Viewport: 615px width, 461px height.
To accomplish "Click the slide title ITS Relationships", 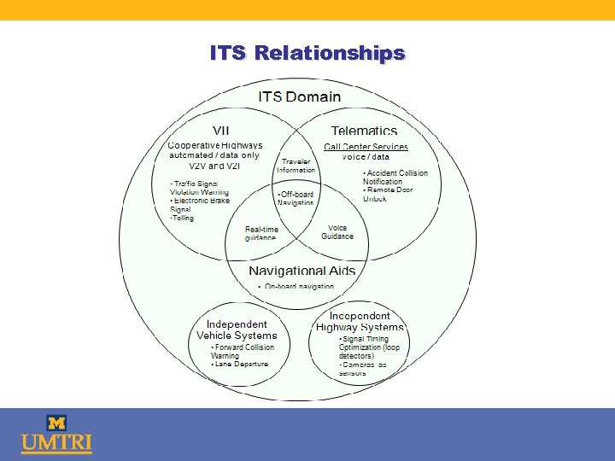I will click(307, 53).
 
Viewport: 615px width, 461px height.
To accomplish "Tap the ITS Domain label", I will click(299, 96).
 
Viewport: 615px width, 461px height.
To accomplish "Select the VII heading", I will click(220, 131).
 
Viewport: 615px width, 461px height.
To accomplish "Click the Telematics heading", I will click(364, 131).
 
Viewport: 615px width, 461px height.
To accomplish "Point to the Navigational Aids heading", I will click(302, 271).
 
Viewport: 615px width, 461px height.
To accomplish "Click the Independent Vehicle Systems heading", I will click(237, 330).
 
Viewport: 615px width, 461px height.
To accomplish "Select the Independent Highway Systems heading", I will click(360, 321).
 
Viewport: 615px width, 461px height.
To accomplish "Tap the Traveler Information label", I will click(296, 166).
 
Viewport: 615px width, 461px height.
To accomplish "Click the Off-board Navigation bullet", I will click(296, 198).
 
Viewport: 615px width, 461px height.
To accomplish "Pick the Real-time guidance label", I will click(261, 233).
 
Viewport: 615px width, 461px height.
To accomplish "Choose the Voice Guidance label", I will click(337, 232).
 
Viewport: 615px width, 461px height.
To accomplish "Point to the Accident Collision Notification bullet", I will click(395, 177).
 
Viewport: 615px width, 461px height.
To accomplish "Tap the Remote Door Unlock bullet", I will click(388, 194).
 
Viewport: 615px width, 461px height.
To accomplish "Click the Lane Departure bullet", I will click(241, 364).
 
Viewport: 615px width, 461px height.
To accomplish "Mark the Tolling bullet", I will click(182, 218).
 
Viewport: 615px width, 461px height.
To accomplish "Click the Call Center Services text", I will click(366, 147).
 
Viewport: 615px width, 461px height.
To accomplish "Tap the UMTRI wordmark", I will click(56, 444).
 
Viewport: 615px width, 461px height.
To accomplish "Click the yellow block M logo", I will click(56, 423).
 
